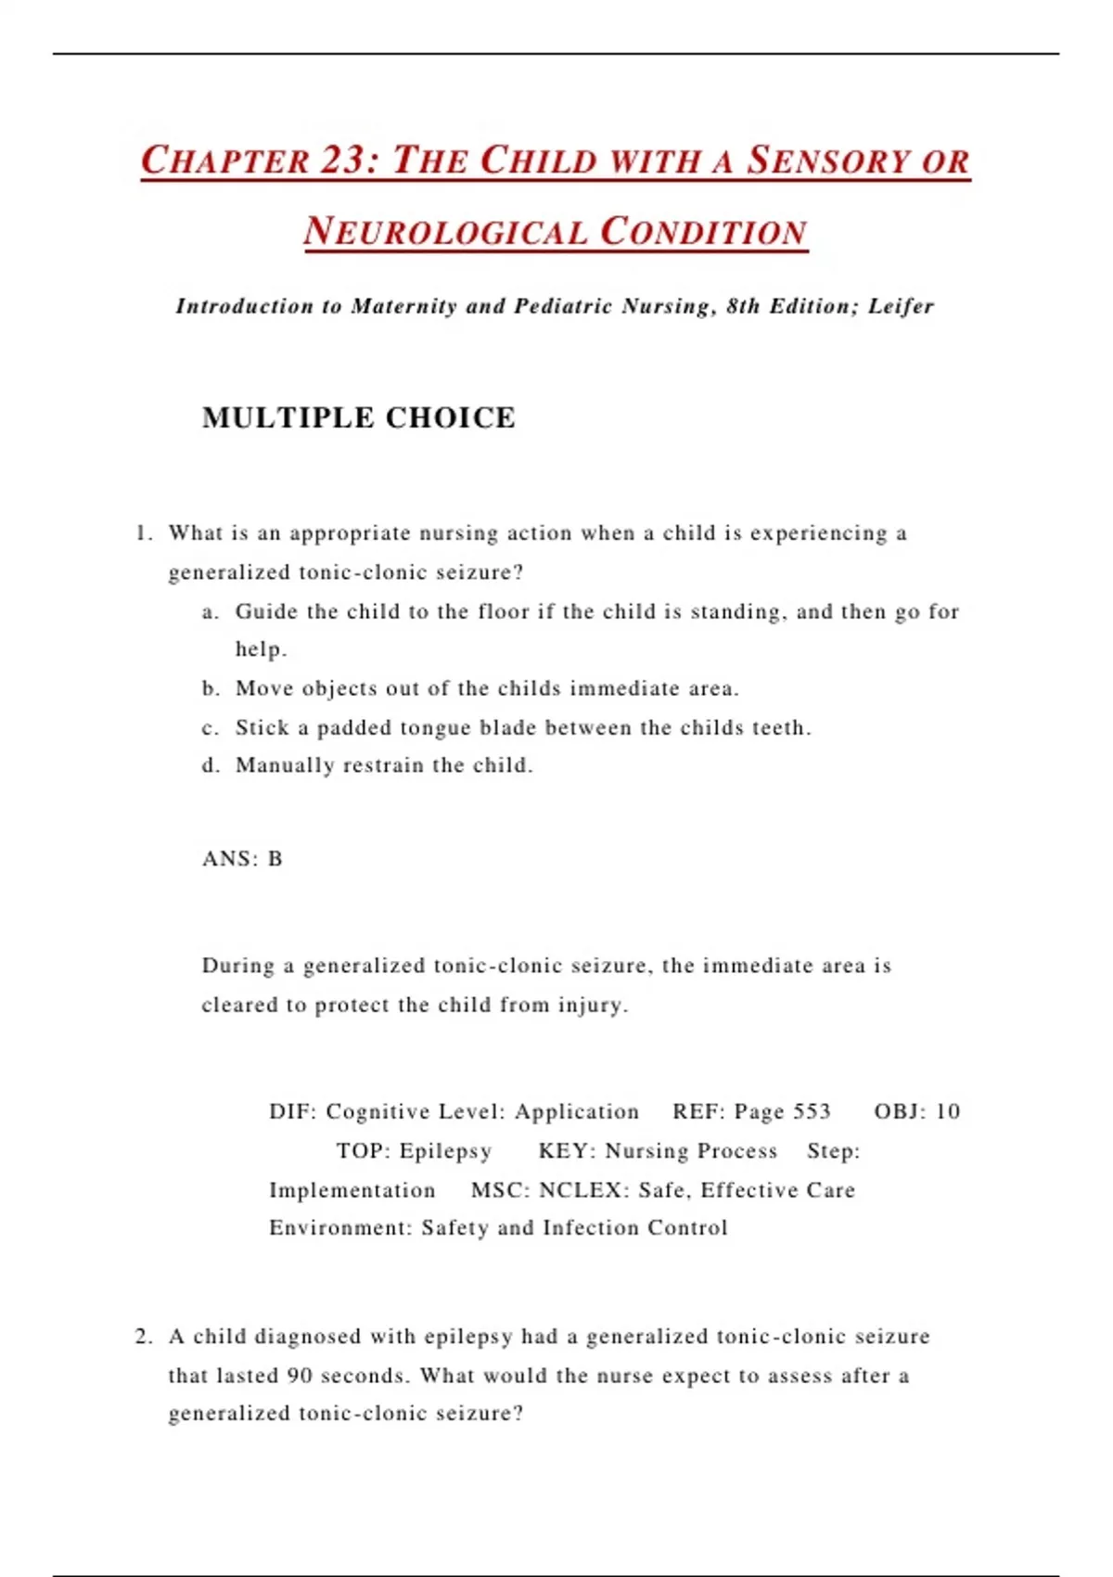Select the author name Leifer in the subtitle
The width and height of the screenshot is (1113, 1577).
tap(901, 306)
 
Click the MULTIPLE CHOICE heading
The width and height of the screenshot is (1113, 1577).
tap(359, 417)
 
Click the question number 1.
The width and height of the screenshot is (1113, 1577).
tap(142, 533)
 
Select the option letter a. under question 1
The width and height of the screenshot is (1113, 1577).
tap(211, 611)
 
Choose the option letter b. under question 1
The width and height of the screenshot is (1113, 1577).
tap(211, 688)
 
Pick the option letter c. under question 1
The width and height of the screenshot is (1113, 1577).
tap(211, 728)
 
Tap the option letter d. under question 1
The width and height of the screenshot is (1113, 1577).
tap(211, 765)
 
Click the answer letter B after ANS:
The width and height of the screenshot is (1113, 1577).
tap(275, 859)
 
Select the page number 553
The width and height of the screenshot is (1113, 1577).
tap(812, 1111)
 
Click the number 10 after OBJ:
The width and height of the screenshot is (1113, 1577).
tap(947, 1111)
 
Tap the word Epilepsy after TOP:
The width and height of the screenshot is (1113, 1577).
tap(445, 1151)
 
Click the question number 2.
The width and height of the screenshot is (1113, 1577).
tap(143, 1337)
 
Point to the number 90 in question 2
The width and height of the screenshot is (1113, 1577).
tap(300, 1376)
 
